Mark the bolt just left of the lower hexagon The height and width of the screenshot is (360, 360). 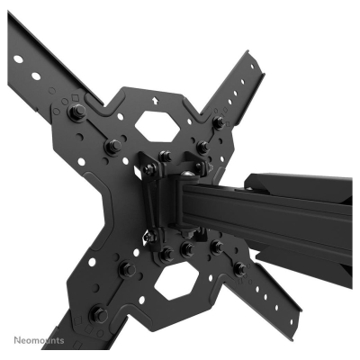coord(129,268)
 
